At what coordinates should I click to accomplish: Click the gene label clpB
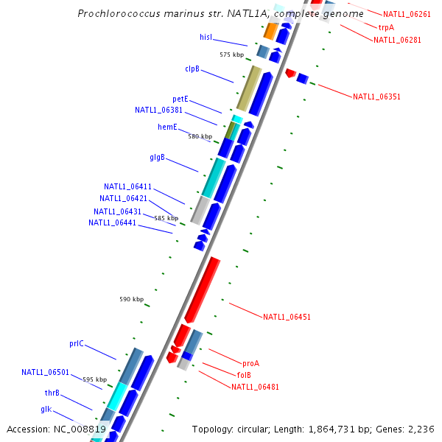point(192,69)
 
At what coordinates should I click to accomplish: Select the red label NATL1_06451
point(287,317)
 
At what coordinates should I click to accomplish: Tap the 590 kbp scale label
point(131,299)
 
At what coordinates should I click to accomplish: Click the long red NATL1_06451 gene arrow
point(203,289)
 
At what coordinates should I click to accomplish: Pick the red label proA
point(250,363)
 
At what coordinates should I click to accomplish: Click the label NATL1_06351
point(376,97)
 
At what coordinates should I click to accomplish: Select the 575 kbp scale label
point(231,55)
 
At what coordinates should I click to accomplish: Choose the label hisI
point(206,36)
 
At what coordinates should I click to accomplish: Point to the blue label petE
point(180,99)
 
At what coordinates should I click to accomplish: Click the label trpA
point(386,27)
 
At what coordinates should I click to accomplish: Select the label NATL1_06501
point(45,372)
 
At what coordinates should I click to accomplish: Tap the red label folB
point(244,375)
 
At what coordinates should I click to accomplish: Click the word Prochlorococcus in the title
point(114,14)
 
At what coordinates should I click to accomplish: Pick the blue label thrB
point(52,393)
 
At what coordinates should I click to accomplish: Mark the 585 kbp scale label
point(166,218)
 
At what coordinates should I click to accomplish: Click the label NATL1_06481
point(255,387)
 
